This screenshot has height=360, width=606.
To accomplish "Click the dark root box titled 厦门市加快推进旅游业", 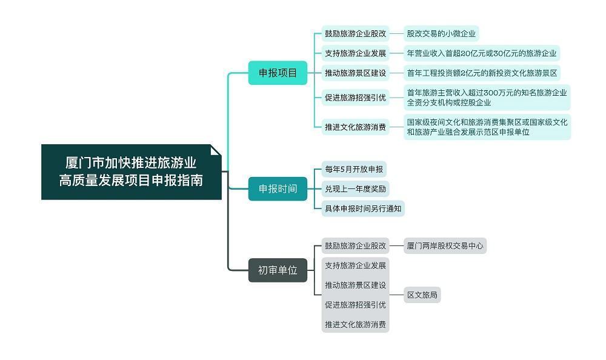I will click(131, 172).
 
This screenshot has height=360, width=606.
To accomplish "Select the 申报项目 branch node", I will click(278, 73).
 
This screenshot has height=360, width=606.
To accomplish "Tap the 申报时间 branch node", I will click(278, 188).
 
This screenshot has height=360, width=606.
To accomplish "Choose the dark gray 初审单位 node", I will click(278, 270).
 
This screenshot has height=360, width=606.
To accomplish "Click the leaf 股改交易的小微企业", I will click(441, 34).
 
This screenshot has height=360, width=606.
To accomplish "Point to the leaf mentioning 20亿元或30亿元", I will click(481, 53).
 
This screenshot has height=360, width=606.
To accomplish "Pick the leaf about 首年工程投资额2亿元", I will click(481, 73).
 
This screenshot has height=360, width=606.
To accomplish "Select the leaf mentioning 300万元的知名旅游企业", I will click(487, 98).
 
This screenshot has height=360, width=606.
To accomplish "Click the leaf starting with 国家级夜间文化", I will click(487, 127).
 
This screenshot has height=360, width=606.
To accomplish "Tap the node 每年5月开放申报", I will click(354, 169).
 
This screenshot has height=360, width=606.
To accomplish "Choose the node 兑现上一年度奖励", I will click(355, 188).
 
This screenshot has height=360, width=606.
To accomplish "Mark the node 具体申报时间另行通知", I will click(363, 208).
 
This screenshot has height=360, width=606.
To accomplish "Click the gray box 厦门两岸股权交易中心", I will click(445, 246).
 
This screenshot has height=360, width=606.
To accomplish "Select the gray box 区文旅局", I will click(422, 296).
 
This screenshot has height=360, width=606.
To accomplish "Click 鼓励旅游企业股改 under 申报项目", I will click(355, 34).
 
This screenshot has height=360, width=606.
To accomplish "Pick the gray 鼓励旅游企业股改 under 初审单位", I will click(355, 246).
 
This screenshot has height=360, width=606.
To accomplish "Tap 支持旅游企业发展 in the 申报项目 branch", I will click(355, 53).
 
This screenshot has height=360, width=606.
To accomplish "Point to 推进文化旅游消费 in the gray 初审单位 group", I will click(355, 324).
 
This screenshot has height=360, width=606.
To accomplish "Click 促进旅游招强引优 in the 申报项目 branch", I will click(355, 98).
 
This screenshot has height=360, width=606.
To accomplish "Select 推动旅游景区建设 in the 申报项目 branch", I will click(355, 73).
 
